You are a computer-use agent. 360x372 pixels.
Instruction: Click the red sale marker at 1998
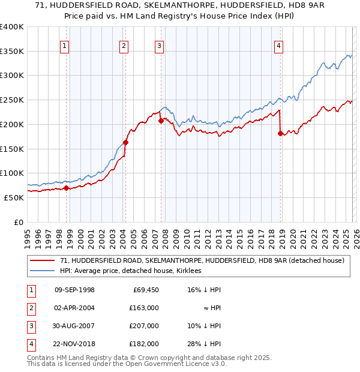[66, 188]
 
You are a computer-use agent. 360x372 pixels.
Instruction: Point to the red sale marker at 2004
[125, 142]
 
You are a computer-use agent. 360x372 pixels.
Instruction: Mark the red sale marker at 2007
[161, 121]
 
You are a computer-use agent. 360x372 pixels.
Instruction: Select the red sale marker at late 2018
[280, 133]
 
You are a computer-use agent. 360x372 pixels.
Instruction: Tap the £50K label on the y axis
[14, 197]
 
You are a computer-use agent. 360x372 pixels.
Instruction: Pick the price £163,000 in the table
[145, 307]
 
